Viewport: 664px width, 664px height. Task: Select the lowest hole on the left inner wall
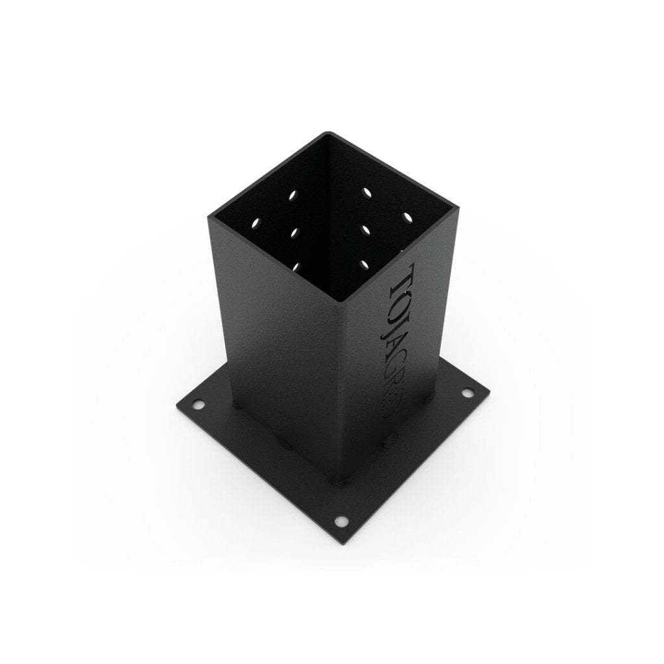tap(297, 265)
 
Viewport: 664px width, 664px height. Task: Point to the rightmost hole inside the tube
tap(408, 216)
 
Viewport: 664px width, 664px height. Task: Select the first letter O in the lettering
tap(396, 301)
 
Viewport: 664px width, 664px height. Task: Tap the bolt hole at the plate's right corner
tap(466, 392)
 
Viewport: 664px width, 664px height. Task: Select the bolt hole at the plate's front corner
tap(340, 521)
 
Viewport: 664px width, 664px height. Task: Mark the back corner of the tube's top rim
tap(327, 134)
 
